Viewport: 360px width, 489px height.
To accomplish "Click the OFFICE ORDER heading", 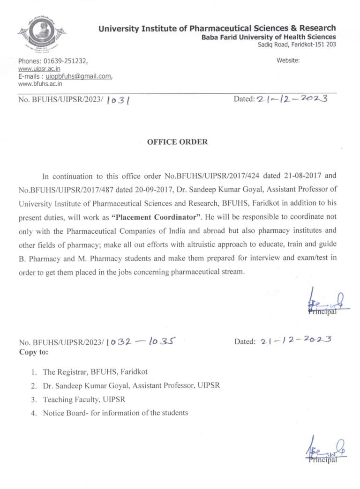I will coord(177,141).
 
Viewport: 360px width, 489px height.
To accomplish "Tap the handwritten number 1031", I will coord(118,99).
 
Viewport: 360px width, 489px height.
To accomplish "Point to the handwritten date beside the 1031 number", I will coord(291,99).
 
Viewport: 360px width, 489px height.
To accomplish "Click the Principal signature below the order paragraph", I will coord(327,304).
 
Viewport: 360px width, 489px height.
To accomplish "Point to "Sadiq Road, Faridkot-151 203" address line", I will coord(297,44).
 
